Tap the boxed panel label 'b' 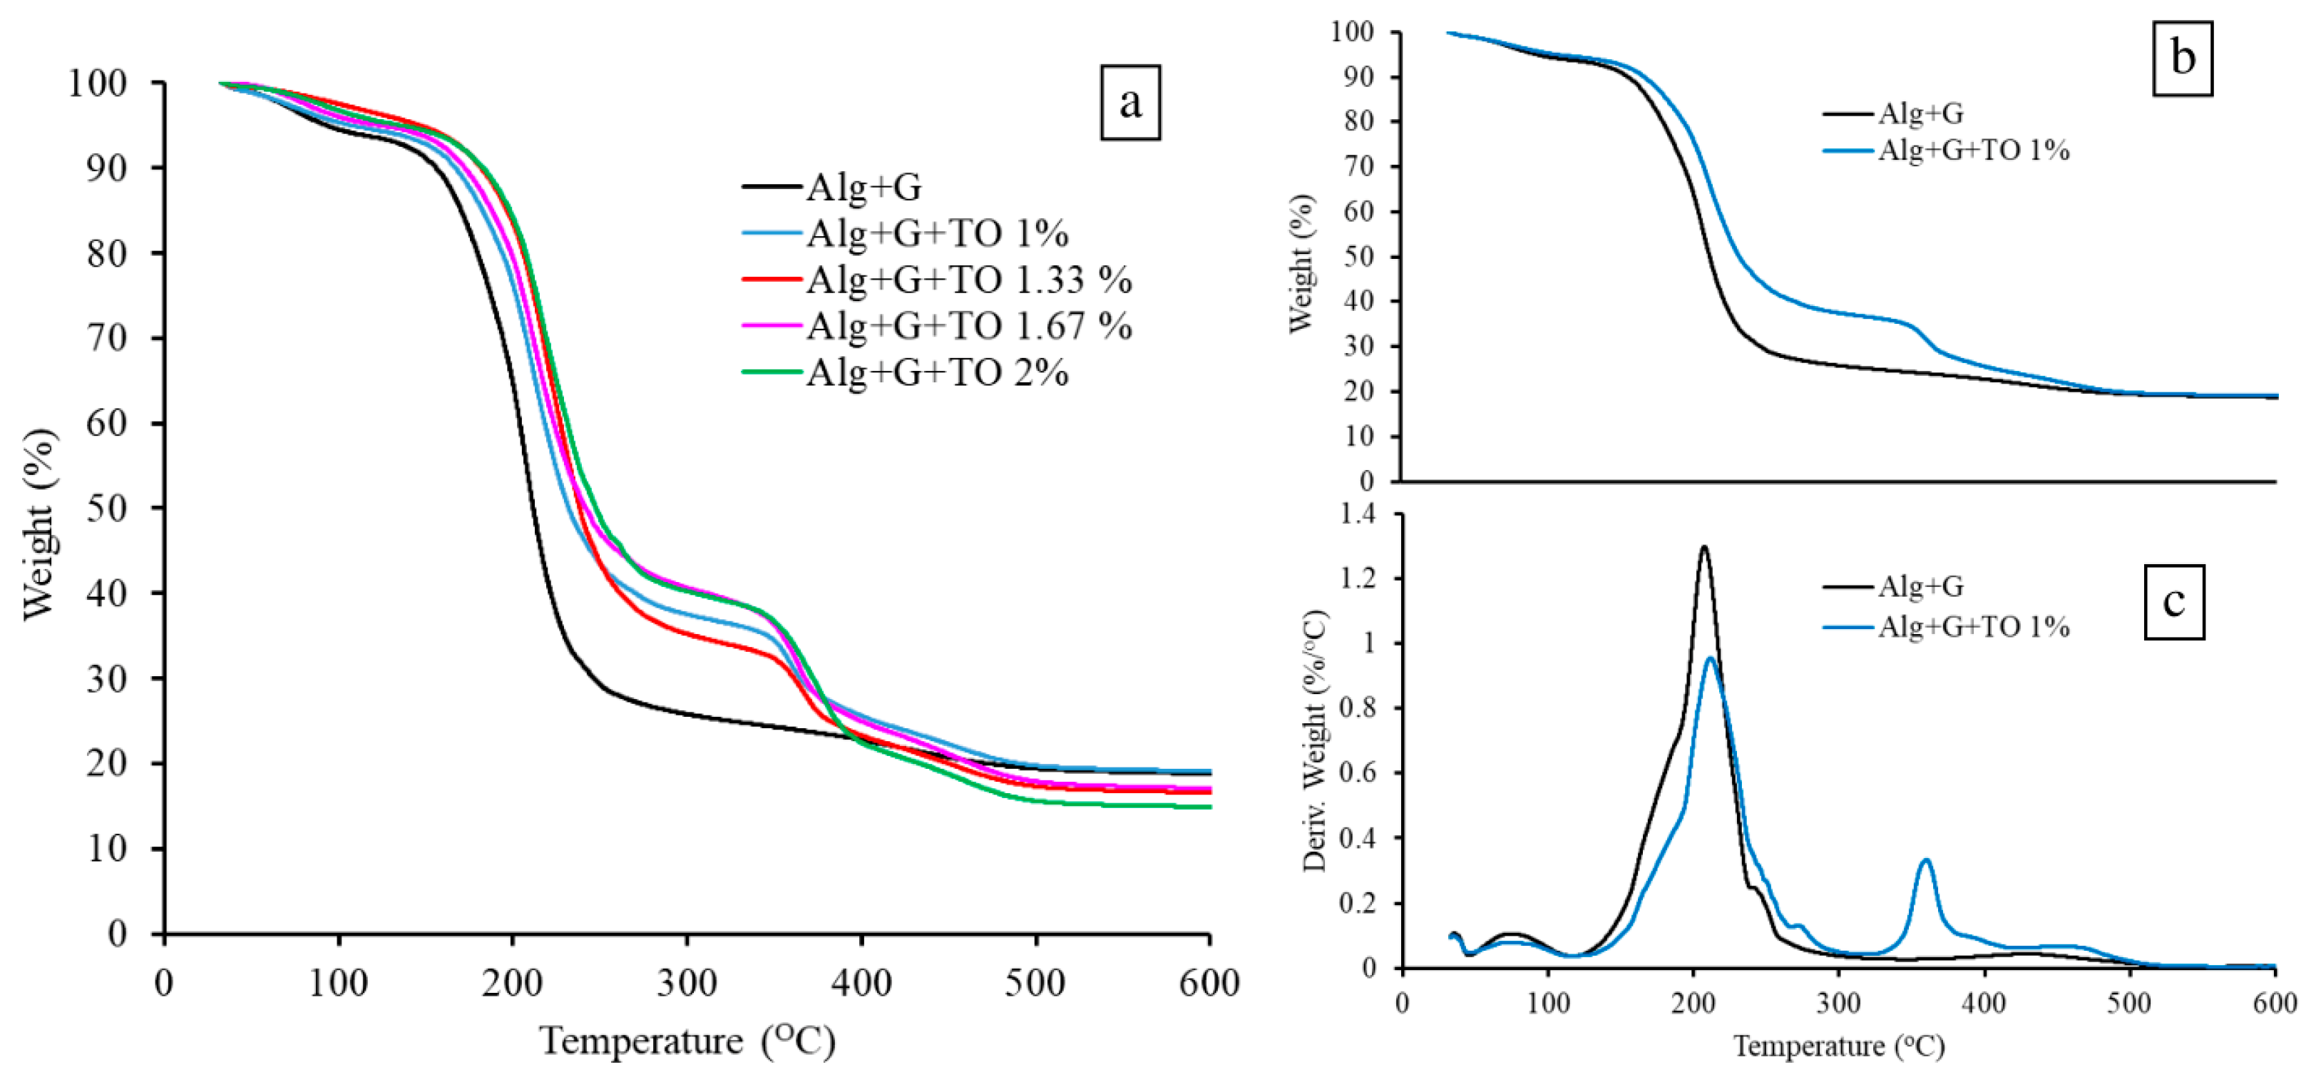coord(2182,58)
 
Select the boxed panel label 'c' coord(2173,601)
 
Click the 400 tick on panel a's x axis coord(861,983)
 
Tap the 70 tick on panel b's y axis coord(1358,166)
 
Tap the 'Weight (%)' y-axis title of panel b coord(1300,263)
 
